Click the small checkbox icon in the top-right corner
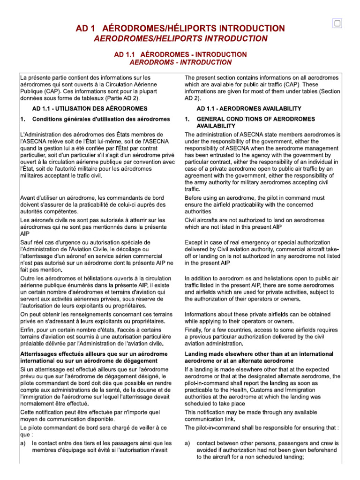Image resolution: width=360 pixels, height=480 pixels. (337, 23)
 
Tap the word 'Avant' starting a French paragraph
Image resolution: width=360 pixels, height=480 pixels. (28, 197)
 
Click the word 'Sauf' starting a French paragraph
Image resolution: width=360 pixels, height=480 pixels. (27, 242)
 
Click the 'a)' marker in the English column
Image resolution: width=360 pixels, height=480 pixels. (187, 443)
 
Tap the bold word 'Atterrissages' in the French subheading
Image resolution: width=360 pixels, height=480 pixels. (41, 354)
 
